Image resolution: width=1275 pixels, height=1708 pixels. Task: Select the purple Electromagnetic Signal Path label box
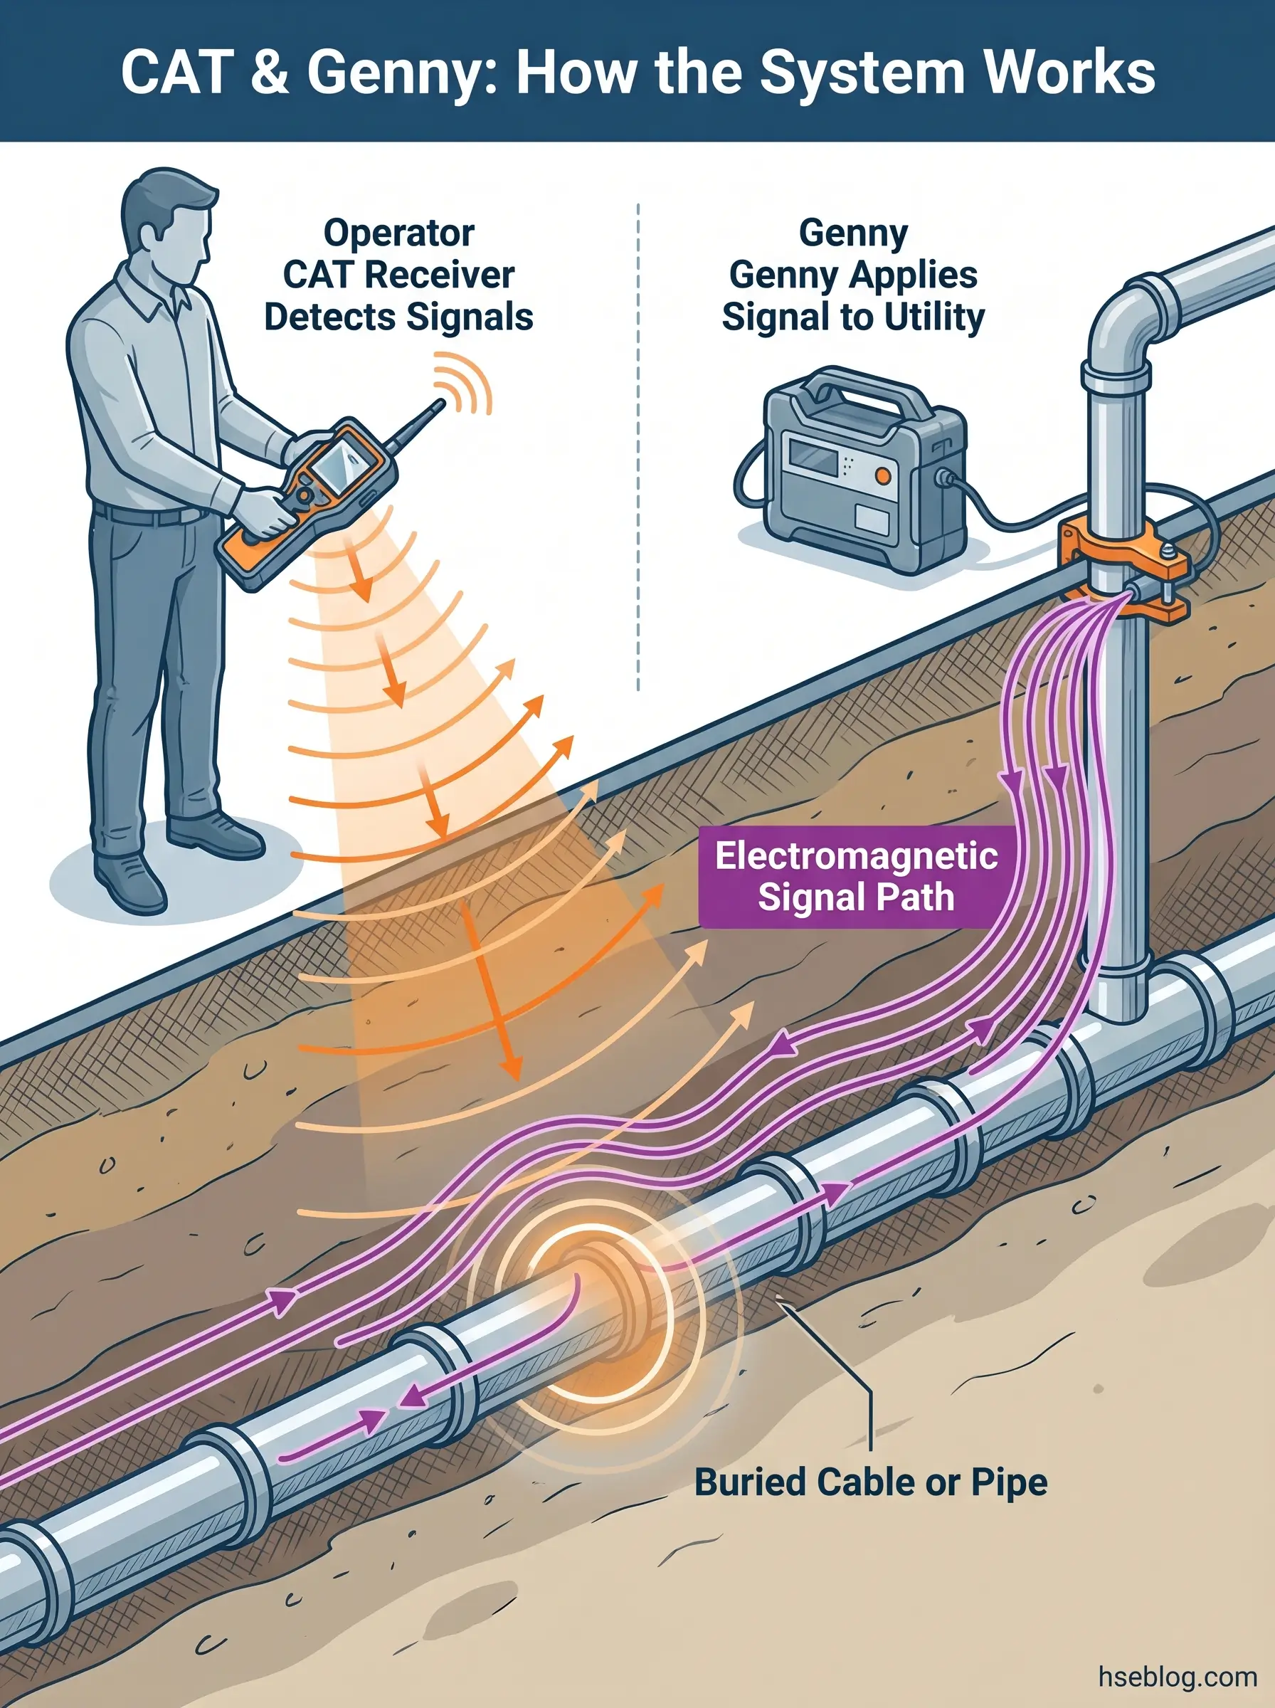click(856, 876)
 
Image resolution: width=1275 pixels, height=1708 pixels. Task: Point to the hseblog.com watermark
click(1177, 1677)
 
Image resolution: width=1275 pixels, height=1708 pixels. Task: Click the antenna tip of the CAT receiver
click(440, 402)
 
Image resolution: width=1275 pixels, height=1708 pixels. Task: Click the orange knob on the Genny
click(883, 475)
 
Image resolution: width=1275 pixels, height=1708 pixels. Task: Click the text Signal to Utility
click(853, 317)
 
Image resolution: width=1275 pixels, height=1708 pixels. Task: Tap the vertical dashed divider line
click(638, 448)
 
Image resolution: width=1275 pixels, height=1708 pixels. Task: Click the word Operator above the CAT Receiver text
click(398, 232)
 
